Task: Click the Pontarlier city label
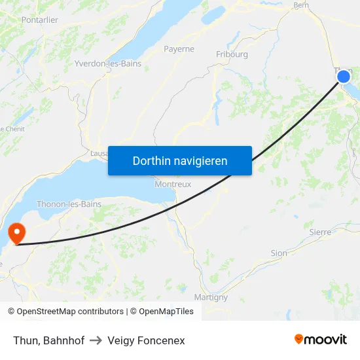pos(39,20)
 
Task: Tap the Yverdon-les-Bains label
pos(108,63)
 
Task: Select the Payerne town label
pos(179,49)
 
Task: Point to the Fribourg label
pos(232,54)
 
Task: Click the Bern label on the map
pos(302,5)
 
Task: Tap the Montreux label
pos(173,184)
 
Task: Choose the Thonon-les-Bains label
pos(69,204)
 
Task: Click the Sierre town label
pos(320,232)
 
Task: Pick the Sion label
pos(279,253)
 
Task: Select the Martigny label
pos(211,297)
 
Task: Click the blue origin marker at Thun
pos(344,77)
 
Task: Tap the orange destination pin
pos(15,233)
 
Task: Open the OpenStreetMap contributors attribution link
pos(70,312)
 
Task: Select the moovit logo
pos(320,340)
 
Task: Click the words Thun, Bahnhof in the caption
pos(48,340)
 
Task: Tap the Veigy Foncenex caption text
pos(146,340)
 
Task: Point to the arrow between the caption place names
pos(96,340)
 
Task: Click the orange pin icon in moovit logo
pos(298,339)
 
